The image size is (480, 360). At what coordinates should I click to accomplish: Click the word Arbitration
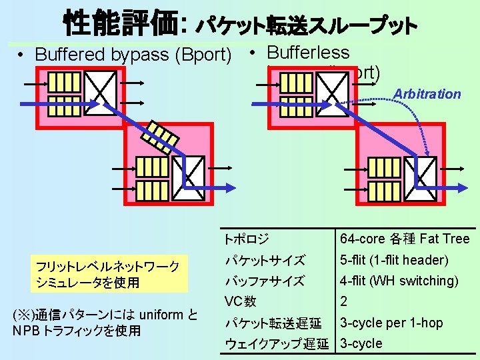pos(427,94)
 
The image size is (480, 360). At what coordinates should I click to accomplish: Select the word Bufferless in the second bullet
pos(307,52)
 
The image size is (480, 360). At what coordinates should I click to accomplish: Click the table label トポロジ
pos(247,239)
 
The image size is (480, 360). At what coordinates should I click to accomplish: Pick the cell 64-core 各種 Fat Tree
pos(405,239)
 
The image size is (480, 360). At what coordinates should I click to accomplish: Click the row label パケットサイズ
pos(264,260)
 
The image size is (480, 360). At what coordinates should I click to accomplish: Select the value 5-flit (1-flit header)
pos(394,260)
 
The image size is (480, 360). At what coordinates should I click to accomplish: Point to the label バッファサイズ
pos(264,281)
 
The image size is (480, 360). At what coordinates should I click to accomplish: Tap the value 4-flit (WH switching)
pos(399,281)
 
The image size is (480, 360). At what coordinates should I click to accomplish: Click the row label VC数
pos(240,301)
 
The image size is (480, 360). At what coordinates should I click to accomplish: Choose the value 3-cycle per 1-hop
pos(391,323)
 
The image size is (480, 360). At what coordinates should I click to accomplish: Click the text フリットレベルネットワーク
pos(107,267)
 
